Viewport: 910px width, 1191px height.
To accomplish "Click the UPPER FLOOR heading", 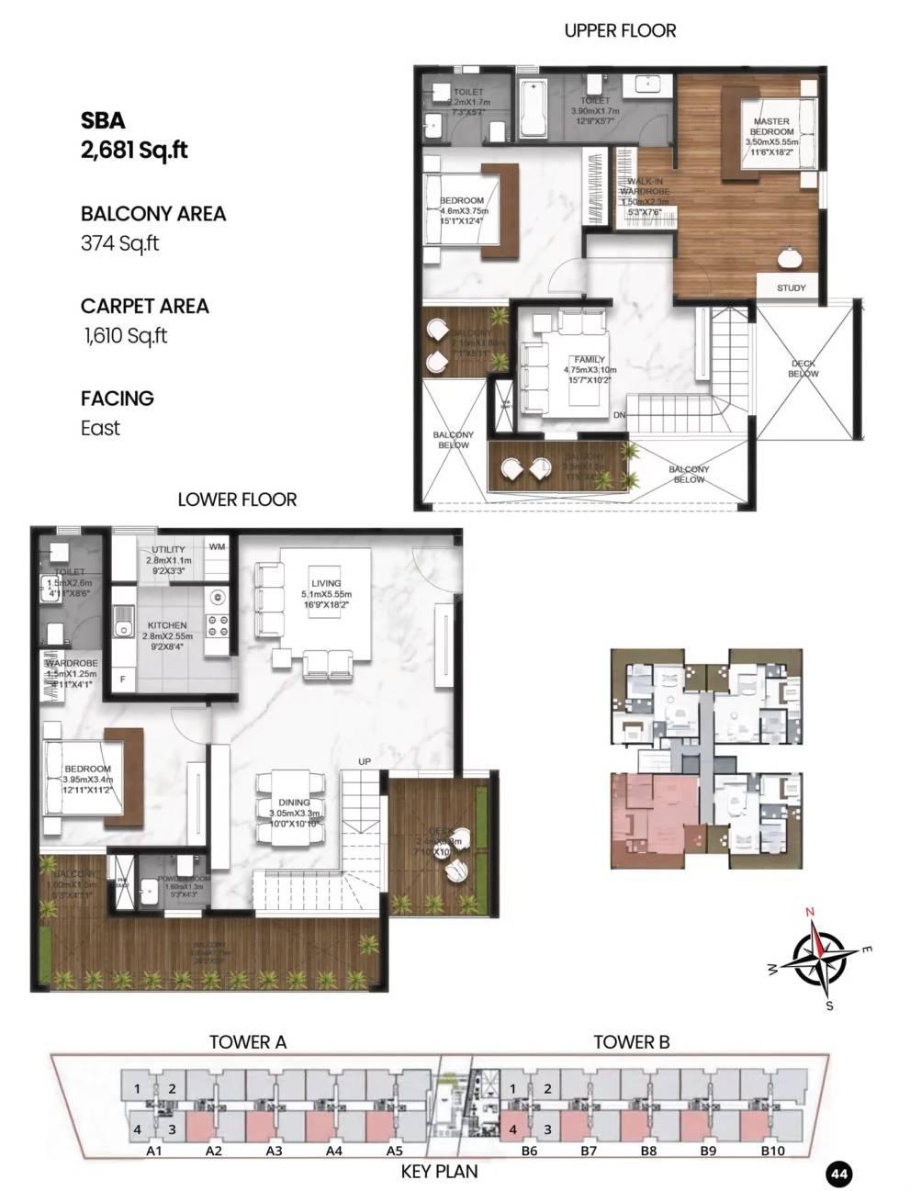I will (x=620, y=30).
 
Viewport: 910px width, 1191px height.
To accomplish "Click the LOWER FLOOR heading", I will (x=237, y=500).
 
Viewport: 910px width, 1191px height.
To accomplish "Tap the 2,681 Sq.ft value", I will (x=134, y=151).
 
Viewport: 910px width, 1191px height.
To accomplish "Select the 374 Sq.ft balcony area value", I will (x=120, y=243).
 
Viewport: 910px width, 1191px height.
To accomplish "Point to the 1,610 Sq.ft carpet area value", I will (x=125, y=336).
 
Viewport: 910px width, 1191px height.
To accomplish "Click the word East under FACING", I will (x=100, y=428).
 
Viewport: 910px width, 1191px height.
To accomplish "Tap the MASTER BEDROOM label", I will (x=771, y=127).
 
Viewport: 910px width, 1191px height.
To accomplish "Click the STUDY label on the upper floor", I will (x=791, y=287).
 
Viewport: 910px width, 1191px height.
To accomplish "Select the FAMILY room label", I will (x=589, y=360).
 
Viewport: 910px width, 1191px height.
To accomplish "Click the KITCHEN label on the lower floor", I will (x=165, y=625).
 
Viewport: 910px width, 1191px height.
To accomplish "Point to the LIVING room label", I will (x=326, y=583).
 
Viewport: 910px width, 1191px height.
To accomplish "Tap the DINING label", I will (x=294, y=803).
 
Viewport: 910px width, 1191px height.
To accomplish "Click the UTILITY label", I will (x=168, y=550).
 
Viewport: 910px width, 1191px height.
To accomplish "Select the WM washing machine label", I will (x=218, y=546).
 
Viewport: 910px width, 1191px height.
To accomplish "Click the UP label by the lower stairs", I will (x=365, y=762).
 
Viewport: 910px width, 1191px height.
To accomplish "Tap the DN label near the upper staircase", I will (x=620, y=415).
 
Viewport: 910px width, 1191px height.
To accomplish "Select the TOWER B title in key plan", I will (x=631, y=1041).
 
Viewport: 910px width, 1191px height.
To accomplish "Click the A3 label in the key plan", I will (x=274, y=1151).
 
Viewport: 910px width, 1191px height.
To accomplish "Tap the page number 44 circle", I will (x=837, y=1173).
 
